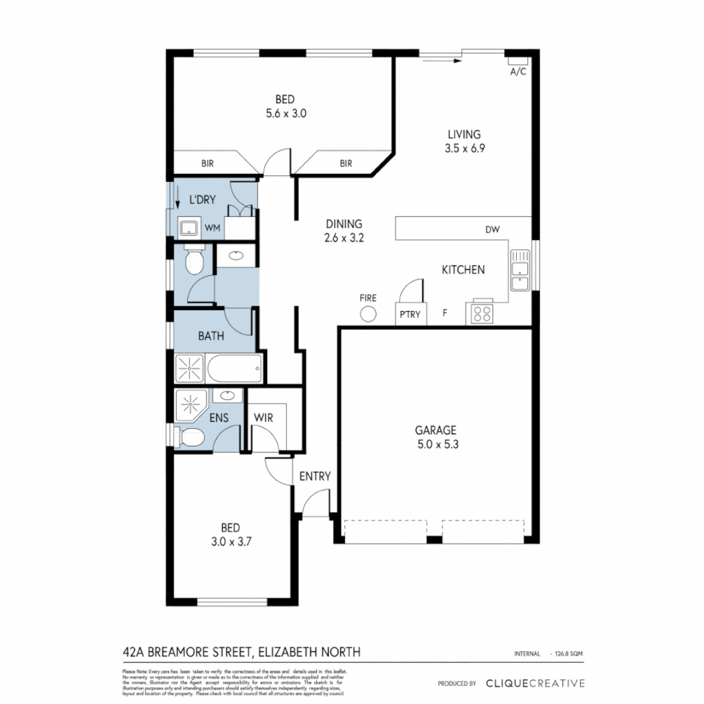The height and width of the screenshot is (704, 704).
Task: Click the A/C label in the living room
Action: coord(518,72)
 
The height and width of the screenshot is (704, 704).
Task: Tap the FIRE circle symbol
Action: coord(368,314)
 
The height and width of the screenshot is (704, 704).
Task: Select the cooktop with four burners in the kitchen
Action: coord(482,314)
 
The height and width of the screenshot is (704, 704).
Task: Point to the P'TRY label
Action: coord(409,315)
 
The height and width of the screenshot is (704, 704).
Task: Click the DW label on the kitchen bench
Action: coord(492,229)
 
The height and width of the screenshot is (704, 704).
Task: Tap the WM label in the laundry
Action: coord(213,227)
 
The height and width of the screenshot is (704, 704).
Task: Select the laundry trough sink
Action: coord(189,228)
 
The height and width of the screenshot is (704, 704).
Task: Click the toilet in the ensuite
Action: coord(190,437)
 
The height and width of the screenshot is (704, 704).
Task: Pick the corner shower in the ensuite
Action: coord(191,405)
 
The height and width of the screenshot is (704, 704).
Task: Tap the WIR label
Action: coord(263,417)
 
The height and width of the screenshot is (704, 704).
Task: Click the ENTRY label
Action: coord(315,477)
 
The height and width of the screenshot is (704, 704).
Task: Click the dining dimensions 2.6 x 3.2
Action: coord(344,238)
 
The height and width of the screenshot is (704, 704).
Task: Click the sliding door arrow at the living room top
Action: coord(441,61)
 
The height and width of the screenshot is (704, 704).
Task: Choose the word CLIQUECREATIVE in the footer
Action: coord(535,683)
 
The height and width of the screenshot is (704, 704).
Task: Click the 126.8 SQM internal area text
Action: coord(566,653)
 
